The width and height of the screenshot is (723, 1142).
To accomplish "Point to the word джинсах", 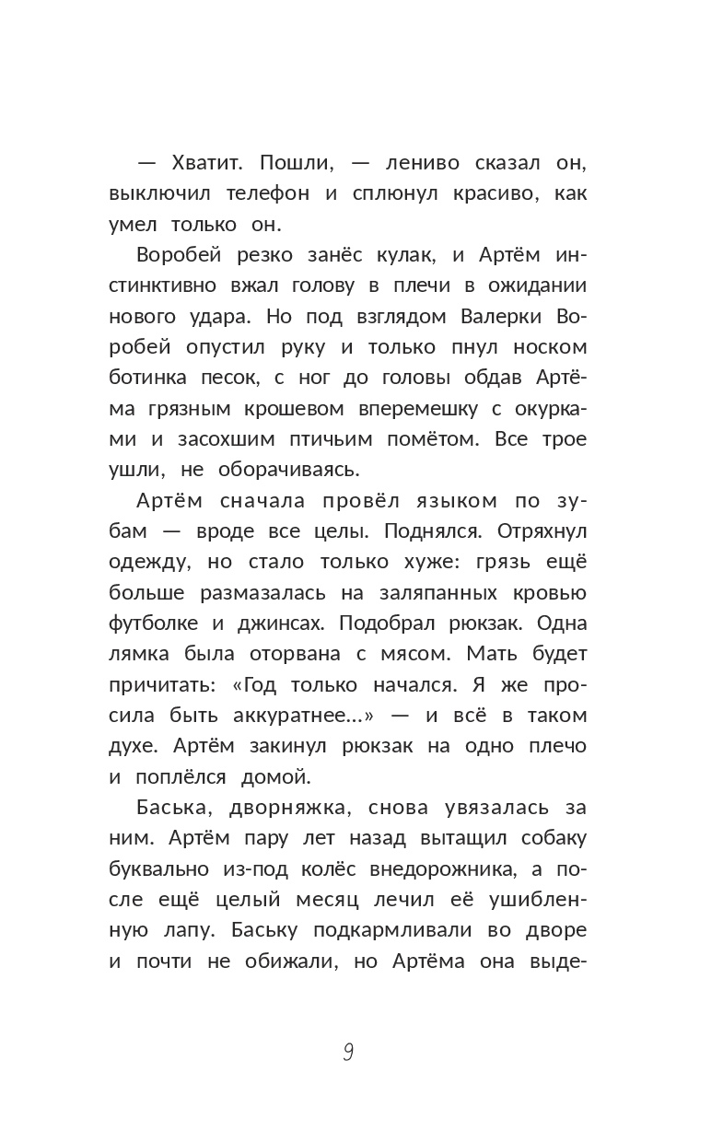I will tap(279, 623).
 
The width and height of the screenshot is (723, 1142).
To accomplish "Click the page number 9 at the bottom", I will tap(348, 1053).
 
